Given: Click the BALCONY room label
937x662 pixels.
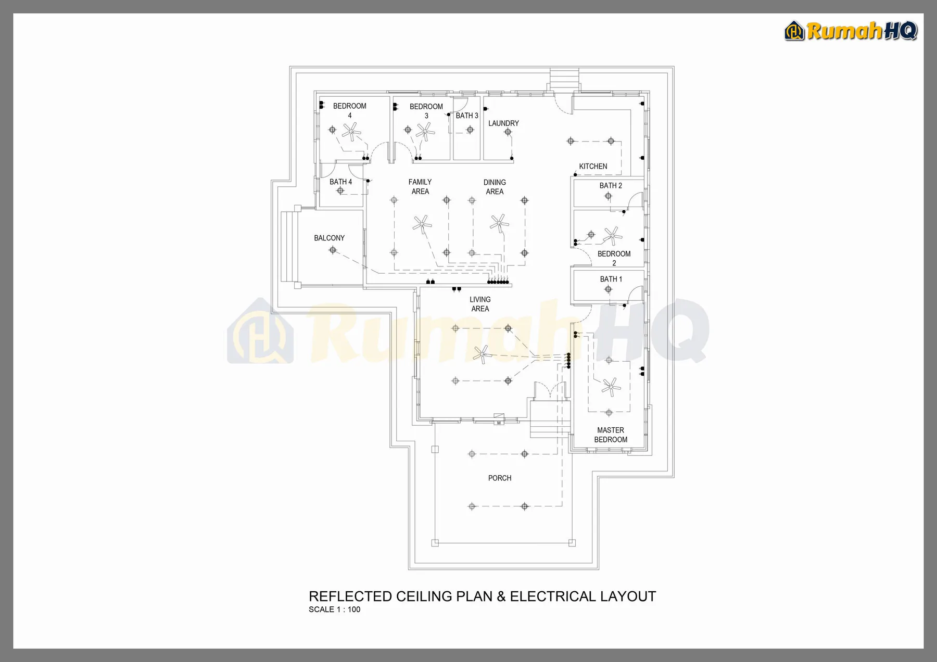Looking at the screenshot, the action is click(329, 238).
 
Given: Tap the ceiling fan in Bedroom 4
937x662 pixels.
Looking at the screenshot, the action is click(352, 132).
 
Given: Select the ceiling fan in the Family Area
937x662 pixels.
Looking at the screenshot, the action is click(422, 224).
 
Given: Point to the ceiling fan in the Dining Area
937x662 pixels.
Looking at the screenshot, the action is click(499, 223).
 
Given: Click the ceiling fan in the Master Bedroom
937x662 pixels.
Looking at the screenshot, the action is click(611, 387).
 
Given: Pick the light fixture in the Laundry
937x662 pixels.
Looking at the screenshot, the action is click(508, 132).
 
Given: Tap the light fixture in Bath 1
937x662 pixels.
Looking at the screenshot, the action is click(608, 289).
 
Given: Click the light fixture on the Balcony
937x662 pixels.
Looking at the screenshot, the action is click(333, 250).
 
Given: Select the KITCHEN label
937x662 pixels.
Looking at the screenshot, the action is click(593, 167).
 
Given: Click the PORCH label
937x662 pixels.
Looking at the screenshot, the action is click(500, 478).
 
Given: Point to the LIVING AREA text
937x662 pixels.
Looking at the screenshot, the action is click(480, 304).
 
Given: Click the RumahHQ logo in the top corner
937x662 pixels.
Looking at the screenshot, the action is click(851, 31).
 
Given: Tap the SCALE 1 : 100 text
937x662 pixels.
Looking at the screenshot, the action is click(334, 609).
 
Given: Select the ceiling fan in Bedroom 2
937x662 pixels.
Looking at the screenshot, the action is click(613, 236).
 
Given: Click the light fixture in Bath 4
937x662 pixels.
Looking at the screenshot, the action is click(340, 191).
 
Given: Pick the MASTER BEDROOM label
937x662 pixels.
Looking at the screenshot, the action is click(611, 435).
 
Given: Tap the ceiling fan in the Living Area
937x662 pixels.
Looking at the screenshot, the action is click(483, 354).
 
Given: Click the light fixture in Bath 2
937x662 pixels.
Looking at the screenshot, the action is click(608, 196).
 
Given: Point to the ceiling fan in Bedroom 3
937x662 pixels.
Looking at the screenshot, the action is click(425, 131).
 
